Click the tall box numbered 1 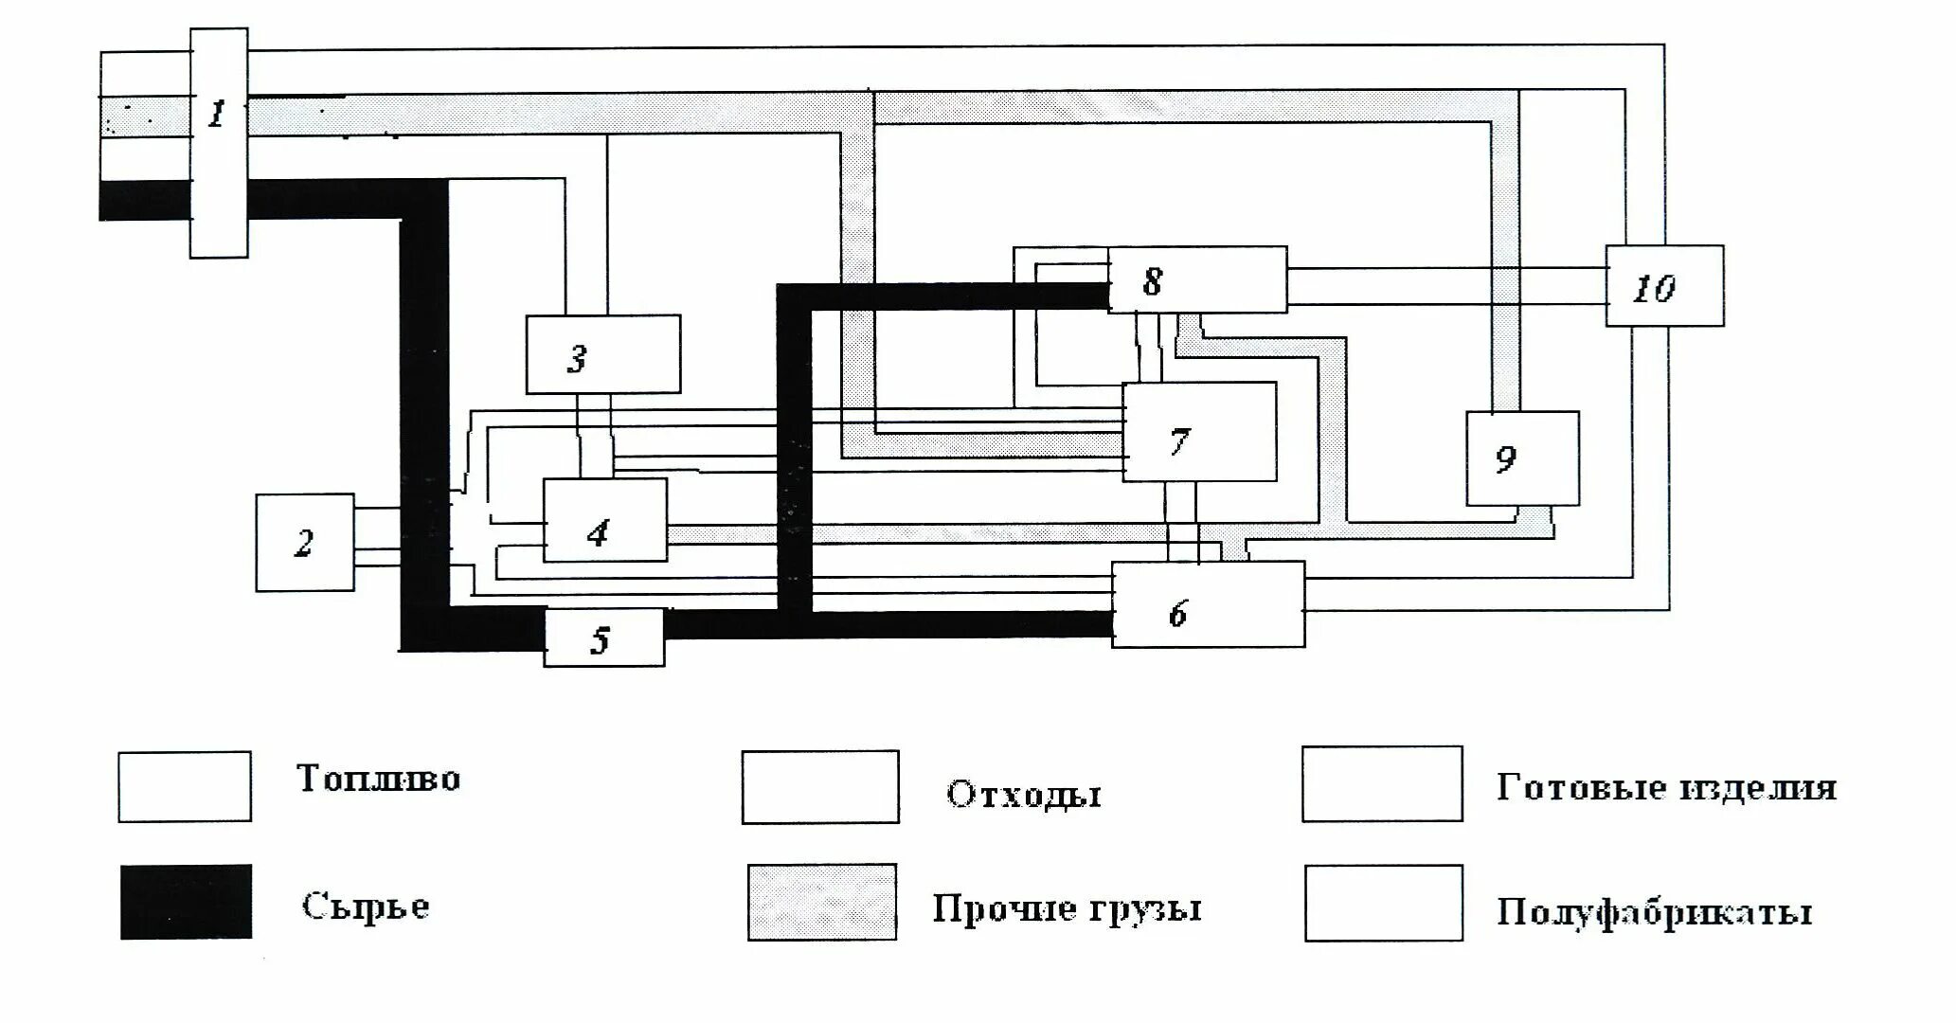[219, 142]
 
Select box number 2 [305, 543]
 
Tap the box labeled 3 [603, 354]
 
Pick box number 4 [604, 520]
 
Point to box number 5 [603, 638]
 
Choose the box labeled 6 [1208, 605]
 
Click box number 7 [1199, 432]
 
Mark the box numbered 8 [1197, 279]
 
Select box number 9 [1522, 458]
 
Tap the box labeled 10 [1664, 286]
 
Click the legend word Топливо [379, 779]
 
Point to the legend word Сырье [366, 906]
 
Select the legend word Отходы [1024, 794]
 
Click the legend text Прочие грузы [1068, 908]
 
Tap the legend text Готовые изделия [1666, 788]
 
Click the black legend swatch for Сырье [187, 902]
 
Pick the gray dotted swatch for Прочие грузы [822, 902]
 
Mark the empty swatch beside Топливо [185, 786]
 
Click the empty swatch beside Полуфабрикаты [1383, 903]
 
